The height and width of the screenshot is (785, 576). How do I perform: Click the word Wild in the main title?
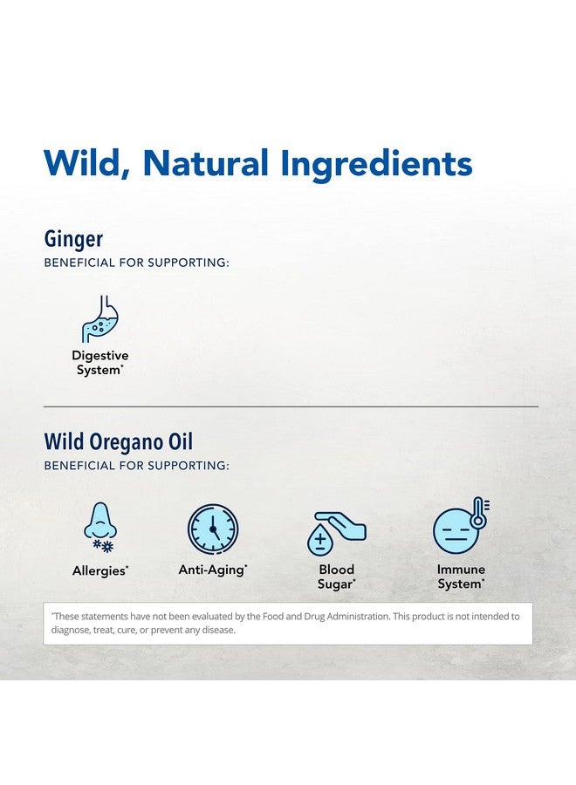coord(88,164)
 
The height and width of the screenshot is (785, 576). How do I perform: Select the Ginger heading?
coord(73,240)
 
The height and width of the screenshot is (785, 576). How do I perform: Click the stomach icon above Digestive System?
coord(99,318)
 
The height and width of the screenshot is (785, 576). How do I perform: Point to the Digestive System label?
coord(99,363)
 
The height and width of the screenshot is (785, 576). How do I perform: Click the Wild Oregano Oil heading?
coord(118,442)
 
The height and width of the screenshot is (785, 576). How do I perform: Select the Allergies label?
coord(99,570)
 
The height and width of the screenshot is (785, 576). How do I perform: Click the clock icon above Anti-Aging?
coord(213,529)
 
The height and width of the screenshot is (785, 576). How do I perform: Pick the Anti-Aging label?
coord(213,570)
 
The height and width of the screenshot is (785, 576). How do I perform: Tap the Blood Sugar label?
coord(336,577)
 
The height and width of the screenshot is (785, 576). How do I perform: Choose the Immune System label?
coord(460,577)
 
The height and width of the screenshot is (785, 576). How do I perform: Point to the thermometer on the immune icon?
coord(478,513)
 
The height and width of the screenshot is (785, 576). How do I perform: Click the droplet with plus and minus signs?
coord(320,540)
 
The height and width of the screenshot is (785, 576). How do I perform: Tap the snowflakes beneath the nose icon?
coord(103,546)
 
